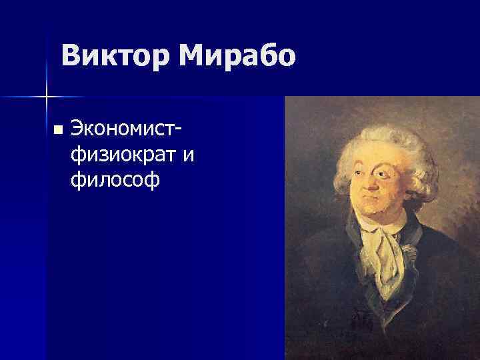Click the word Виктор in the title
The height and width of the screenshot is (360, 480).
113,56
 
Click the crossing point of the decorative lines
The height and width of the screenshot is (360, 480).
46,97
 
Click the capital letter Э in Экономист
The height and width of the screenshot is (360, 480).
77,128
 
